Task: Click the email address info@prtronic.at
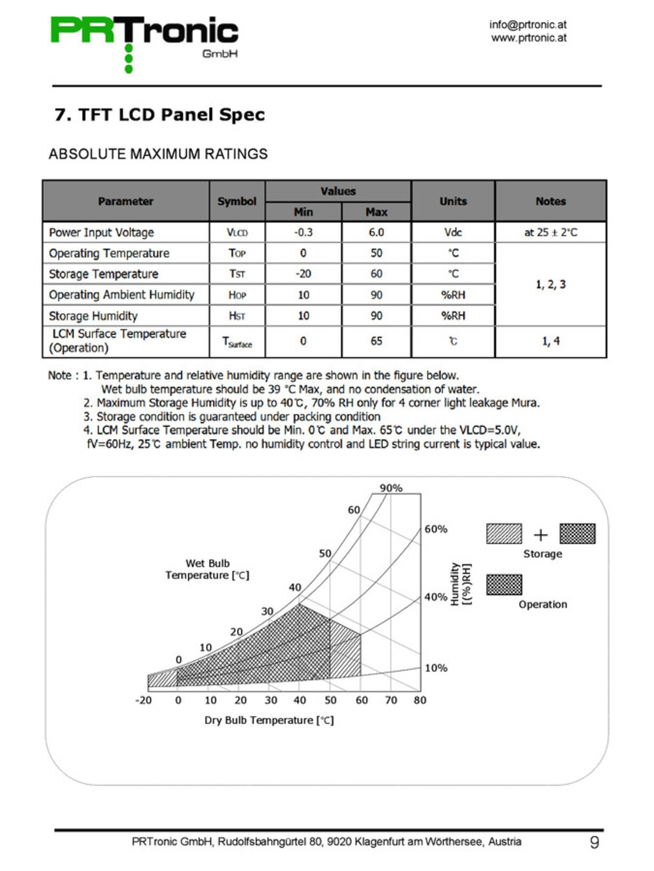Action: point(527,25)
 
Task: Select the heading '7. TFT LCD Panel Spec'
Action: point(159,115)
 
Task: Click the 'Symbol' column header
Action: point(237,201)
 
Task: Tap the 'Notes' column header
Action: point(550,201)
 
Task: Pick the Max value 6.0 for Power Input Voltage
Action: point(376,232)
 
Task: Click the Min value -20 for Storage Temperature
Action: point(303,274)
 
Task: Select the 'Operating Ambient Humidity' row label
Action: point(121,295)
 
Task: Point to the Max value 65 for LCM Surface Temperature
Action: point(376,341)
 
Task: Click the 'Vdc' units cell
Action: point(453,232)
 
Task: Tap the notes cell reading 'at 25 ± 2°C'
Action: point(550,232)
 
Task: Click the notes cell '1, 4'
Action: point(550,341)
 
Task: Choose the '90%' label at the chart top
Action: point(391,488)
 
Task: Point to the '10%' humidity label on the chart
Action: point(436,668)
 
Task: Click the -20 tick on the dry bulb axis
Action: point(143,700)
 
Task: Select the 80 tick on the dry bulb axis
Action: point(420,700)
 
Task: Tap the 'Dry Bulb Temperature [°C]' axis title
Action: point(269,720)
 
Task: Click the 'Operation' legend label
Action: point(543,605)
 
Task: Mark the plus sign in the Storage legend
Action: point(540,535)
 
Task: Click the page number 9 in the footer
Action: point(595,842)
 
